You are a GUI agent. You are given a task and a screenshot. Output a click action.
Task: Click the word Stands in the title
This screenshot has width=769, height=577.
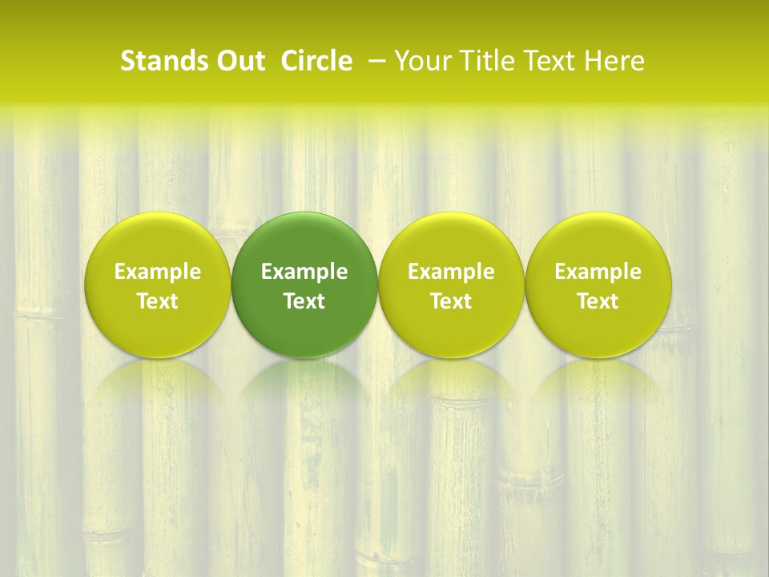point(158,61)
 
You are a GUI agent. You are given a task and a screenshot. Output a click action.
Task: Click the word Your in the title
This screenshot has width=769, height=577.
point(420,61)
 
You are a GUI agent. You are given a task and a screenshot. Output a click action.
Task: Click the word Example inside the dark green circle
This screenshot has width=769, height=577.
point(304,272)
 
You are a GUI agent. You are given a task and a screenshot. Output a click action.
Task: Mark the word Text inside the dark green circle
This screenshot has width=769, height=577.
point(304,301)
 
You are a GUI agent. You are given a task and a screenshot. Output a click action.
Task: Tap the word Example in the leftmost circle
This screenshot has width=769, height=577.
point(158,272)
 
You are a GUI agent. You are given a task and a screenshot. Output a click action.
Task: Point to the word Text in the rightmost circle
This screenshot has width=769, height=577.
point(598,301)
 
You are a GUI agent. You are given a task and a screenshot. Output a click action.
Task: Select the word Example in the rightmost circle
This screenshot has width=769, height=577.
point(598,272)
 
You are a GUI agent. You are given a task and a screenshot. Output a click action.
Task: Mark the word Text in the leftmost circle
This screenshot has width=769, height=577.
point(158,301)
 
